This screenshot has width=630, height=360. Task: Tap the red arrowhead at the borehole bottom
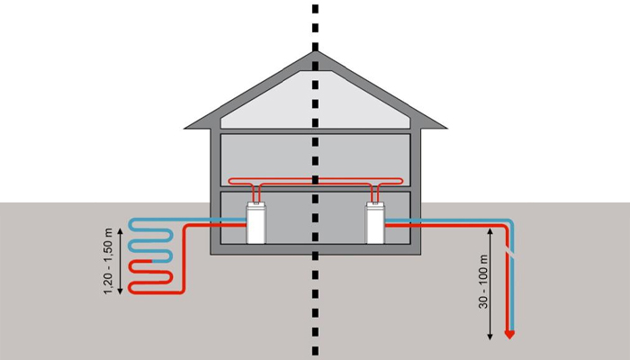click(509, 336)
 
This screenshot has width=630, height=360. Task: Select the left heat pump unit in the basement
click(258, 222)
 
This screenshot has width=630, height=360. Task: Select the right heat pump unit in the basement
click(373, 222)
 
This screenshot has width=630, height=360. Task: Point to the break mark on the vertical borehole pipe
click(510, 254)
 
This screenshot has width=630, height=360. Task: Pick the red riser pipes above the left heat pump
click(258, 191)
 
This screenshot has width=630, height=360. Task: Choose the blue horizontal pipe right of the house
click(450, 220)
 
